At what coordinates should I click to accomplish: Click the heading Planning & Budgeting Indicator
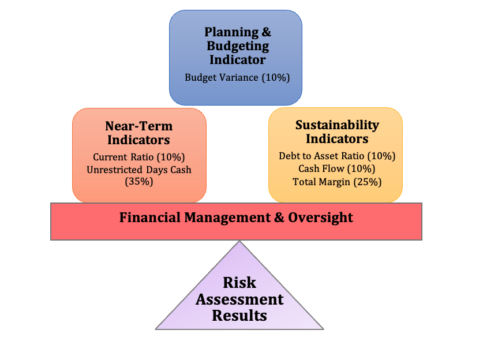237,46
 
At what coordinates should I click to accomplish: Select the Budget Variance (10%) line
237,77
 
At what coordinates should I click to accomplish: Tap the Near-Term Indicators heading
138,133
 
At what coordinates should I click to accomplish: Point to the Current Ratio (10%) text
139,156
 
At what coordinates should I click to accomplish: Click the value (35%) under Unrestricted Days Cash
139,181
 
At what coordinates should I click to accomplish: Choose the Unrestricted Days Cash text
139,169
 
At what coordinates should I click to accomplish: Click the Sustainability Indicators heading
337,132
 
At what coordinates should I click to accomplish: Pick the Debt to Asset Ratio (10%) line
337,156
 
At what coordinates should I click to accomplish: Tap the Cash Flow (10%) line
337,168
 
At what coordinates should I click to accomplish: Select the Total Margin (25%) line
337,181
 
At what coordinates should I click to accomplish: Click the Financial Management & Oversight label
236,217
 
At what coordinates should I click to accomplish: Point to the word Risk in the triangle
239,283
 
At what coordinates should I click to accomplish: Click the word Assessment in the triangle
239,299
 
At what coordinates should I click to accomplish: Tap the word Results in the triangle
239,316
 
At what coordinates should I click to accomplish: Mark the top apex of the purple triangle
239,242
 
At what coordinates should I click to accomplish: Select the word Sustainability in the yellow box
337,125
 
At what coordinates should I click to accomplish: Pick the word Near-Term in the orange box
138,126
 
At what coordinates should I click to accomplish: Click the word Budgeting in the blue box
238,46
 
